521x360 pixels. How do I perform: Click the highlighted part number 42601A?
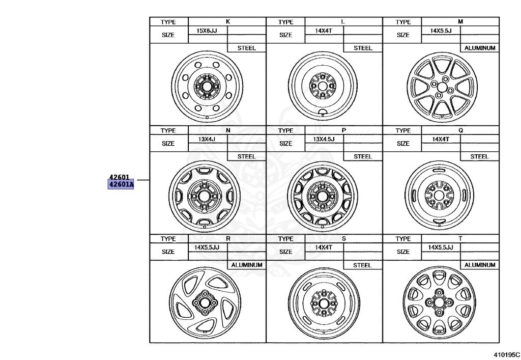(120, 184)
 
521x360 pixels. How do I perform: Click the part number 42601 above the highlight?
(119, 177)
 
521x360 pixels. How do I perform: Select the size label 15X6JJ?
(207, 31)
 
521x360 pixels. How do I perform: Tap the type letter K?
(227, 22)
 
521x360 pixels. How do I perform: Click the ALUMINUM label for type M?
(480, 48)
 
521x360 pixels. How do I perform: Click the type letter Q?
(460, 130)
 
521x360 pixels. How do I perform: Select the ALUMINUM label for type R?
(247, 265)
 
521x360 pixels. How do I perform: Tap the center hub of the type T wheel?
(439, 301)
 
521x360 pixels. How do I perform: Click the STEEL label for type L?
(363, 48)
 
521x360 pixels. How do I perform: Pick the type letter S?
(344, 239)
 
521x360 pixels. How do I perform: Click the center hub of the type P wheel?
(322, 195)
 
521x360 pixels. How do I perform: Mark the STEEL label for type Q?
(479, 157)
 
